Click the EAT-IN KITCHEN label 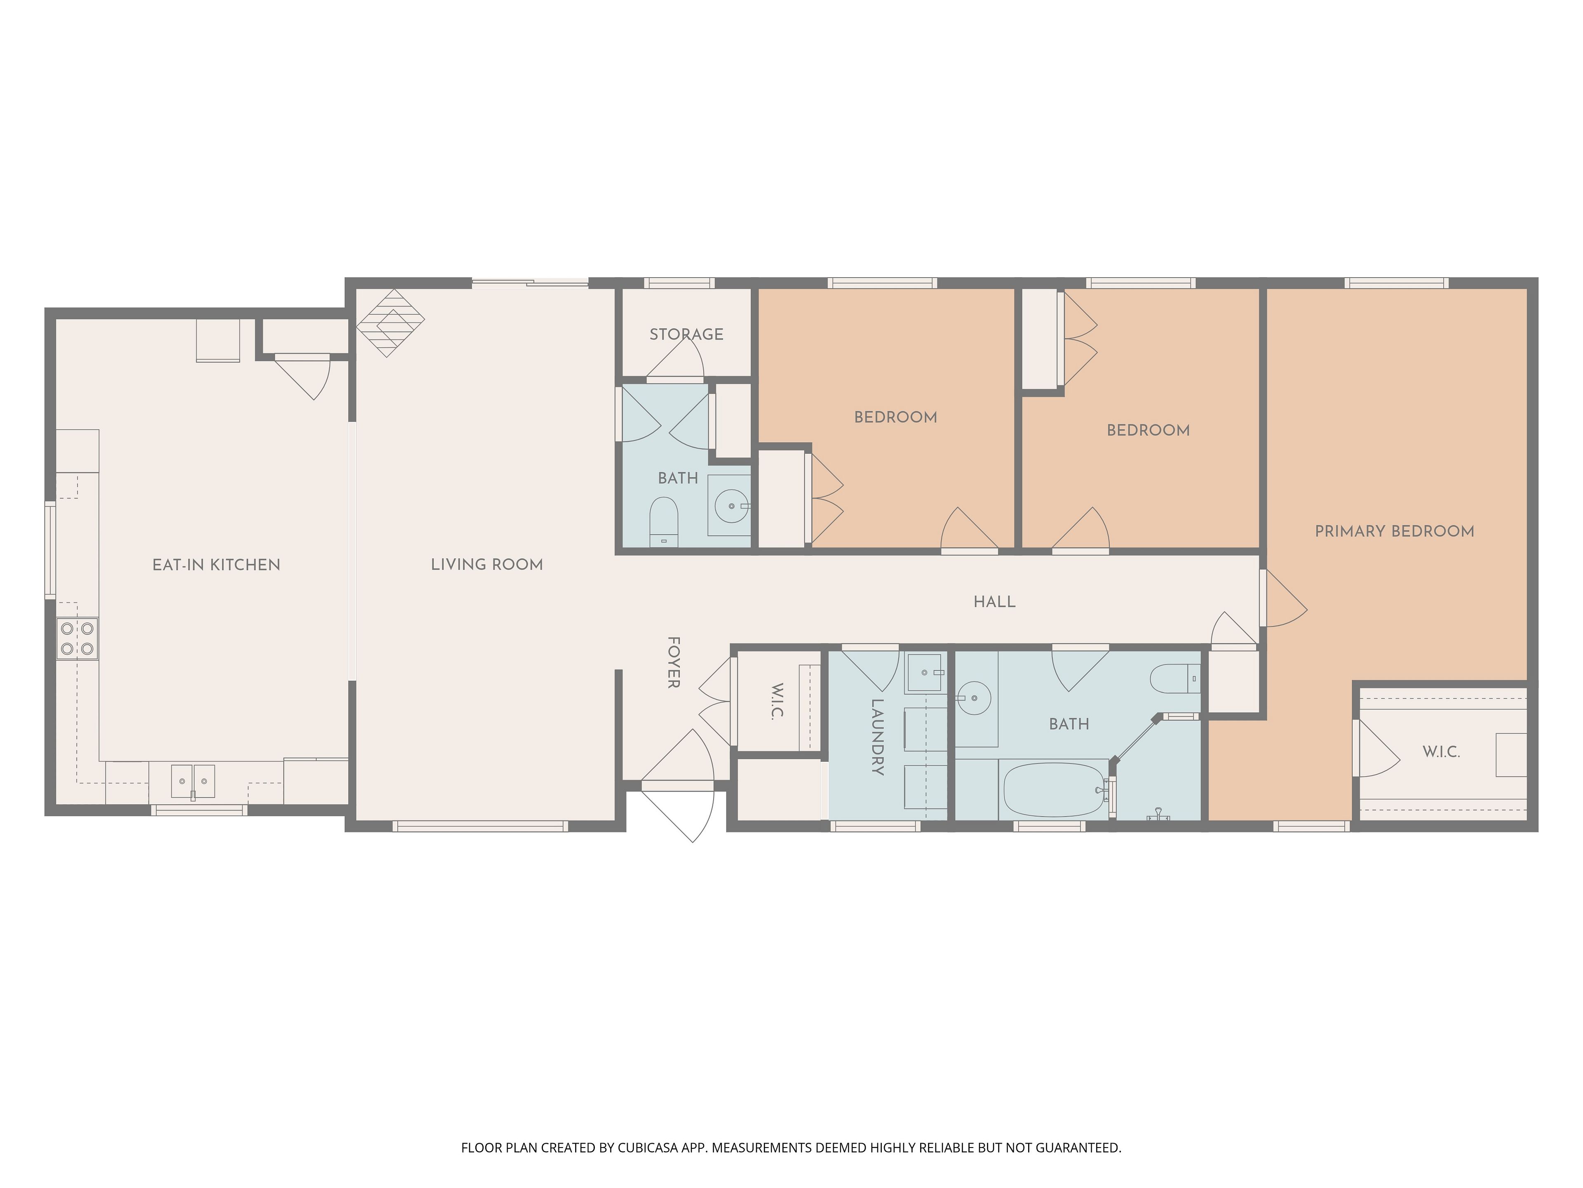[x=216, y=565]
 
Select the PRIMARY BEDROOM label [x=1394, y=531]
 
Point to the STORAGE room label [x=686, y=335]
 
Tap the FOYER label [x=673, y=662]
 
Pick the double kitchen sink [x=193, y=781]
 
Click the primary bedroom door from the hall [x=1284, y=598]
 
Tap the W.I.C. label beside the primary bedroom [x=1441, y=752]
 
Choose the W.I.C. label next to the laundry [x=778, y=702]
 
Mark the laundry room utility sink [x=924, y=673]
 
